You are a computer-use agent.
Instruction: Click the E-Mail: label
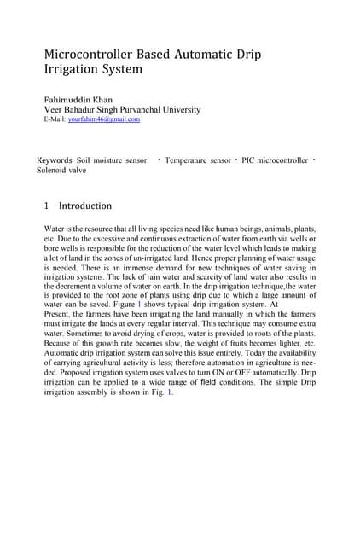(x=55, y=119)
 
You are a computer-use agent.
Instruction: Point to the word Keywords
(x=55, y=160)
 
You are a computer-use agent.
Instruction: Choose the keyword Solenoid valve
(x=61, y=170)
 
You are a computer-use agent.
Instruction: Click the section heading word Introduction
(x=84, y=206)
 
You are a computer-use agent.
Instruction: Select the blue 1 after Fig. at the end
(x=169, y=393)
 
